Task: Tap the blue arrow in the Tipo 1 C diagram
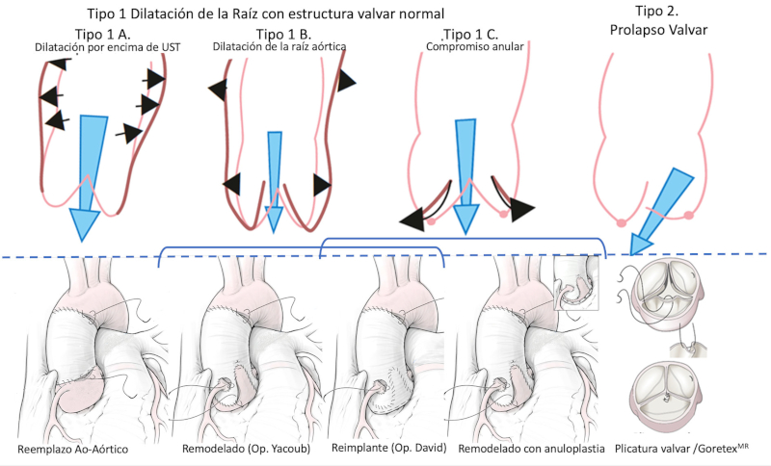(465, 173)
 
